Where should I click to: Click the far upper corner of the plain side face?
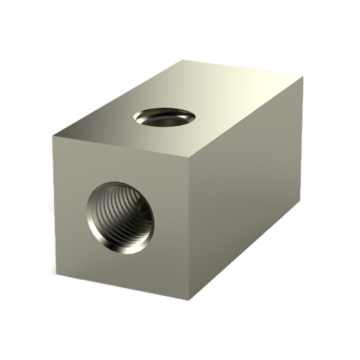pos(304,76)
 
